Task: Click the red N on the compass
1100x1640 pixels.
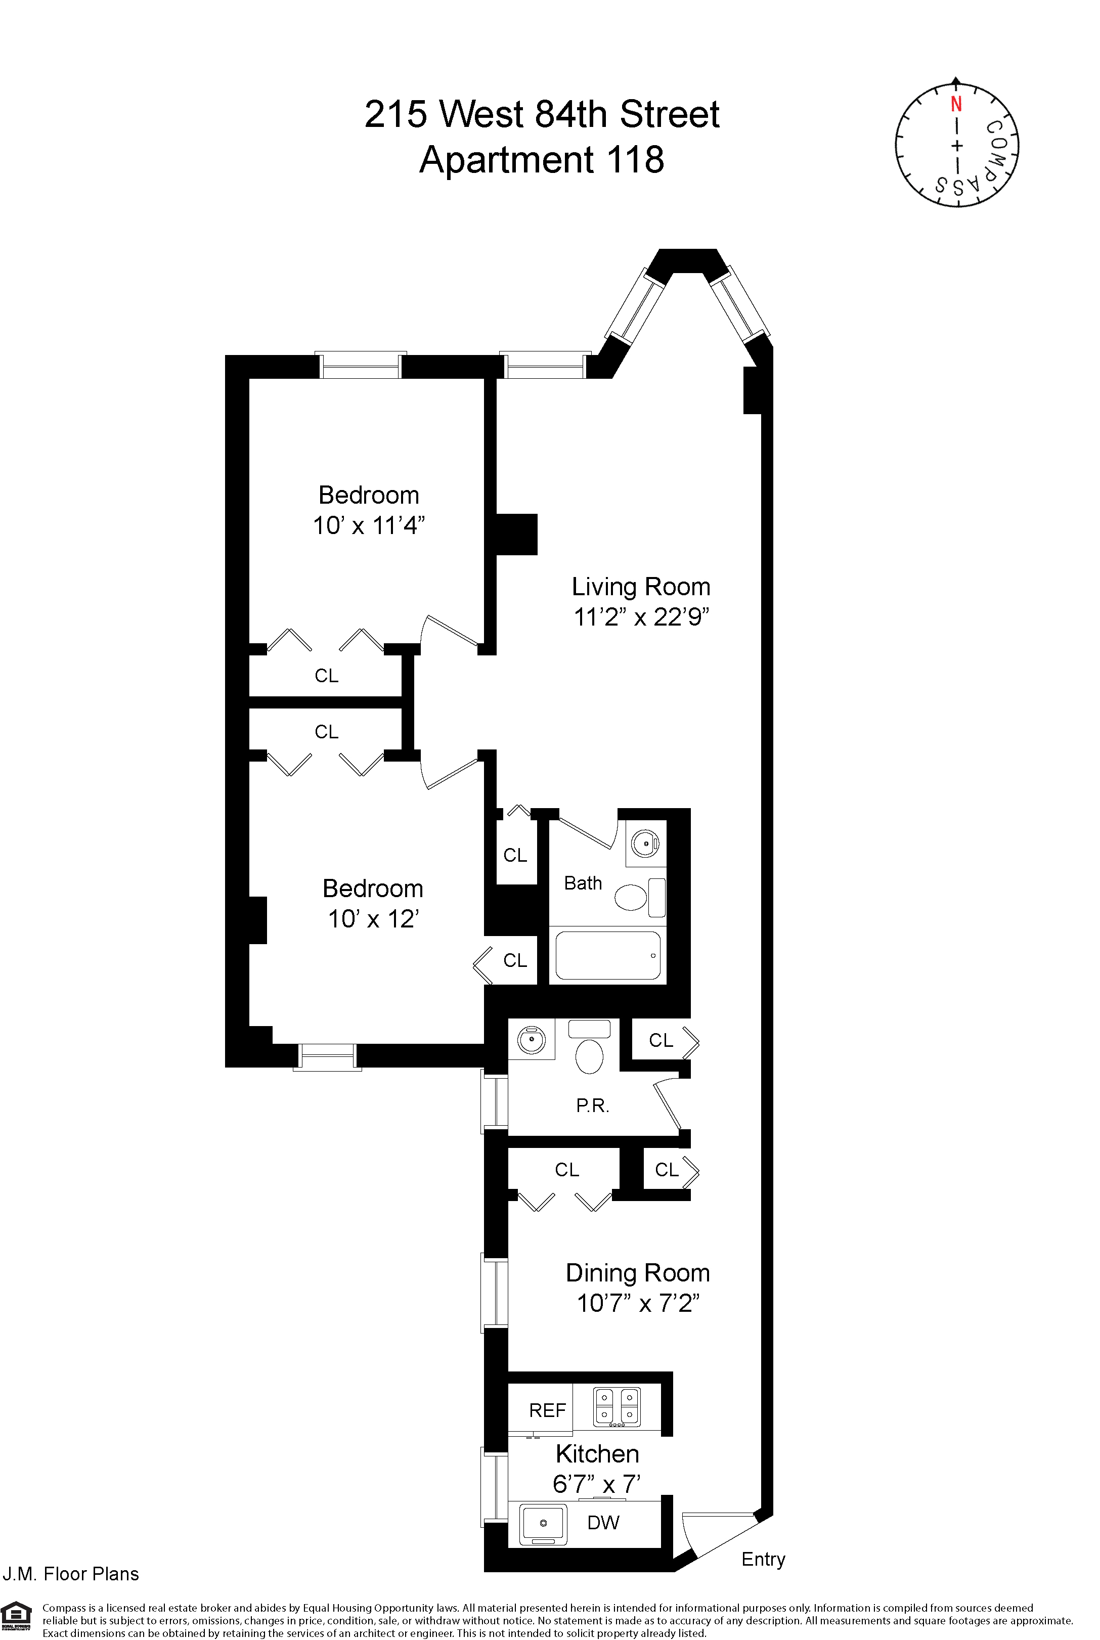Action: coord(955,105)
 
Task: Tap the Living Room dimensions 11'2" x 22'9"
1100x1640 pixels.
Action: coord(641,617)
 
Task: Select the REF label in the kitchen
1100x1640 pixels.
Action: coord(547,1410)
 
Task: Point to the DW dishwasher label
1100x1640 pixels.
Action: coord(603,1523)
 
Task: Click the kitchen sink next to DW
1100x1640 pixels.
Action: coord(543,1524)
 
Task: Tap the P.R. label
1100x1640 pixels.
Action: coord(592,1106)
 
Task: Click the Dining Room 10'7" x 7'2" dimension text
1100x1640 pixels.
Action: coord(638,1303)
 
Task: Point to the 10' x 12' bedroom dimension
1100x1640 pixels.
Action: coord(373,919)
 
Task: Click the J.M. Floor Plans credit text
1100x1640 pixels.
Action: coord(71,1574)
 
